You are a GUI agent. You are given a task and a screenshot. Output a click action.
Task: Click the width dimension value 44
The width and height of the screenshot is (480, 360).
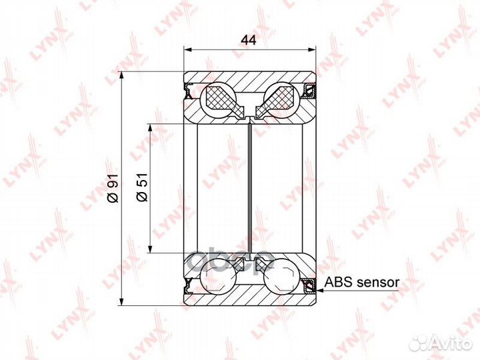[248, 40]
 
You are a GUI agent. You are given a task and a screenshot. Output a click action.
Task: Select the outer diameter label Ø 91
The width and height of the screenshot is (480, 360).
[113, 188]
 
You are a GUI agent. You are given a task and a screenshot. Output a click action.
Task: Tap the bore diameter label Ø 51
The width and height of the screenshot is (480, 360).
[142, 187]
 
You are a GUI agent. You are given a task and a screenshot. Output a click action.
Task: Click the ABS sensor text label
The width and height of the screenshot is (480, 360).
[362, 282]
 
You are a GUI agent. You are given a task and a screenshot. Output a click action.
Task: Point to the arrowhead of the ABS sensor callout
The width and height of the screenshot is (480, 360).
[319, 290]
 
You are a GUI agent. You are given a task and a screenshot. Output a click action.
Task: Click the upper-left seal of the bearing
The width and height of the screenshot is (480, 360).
[187, 91]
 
